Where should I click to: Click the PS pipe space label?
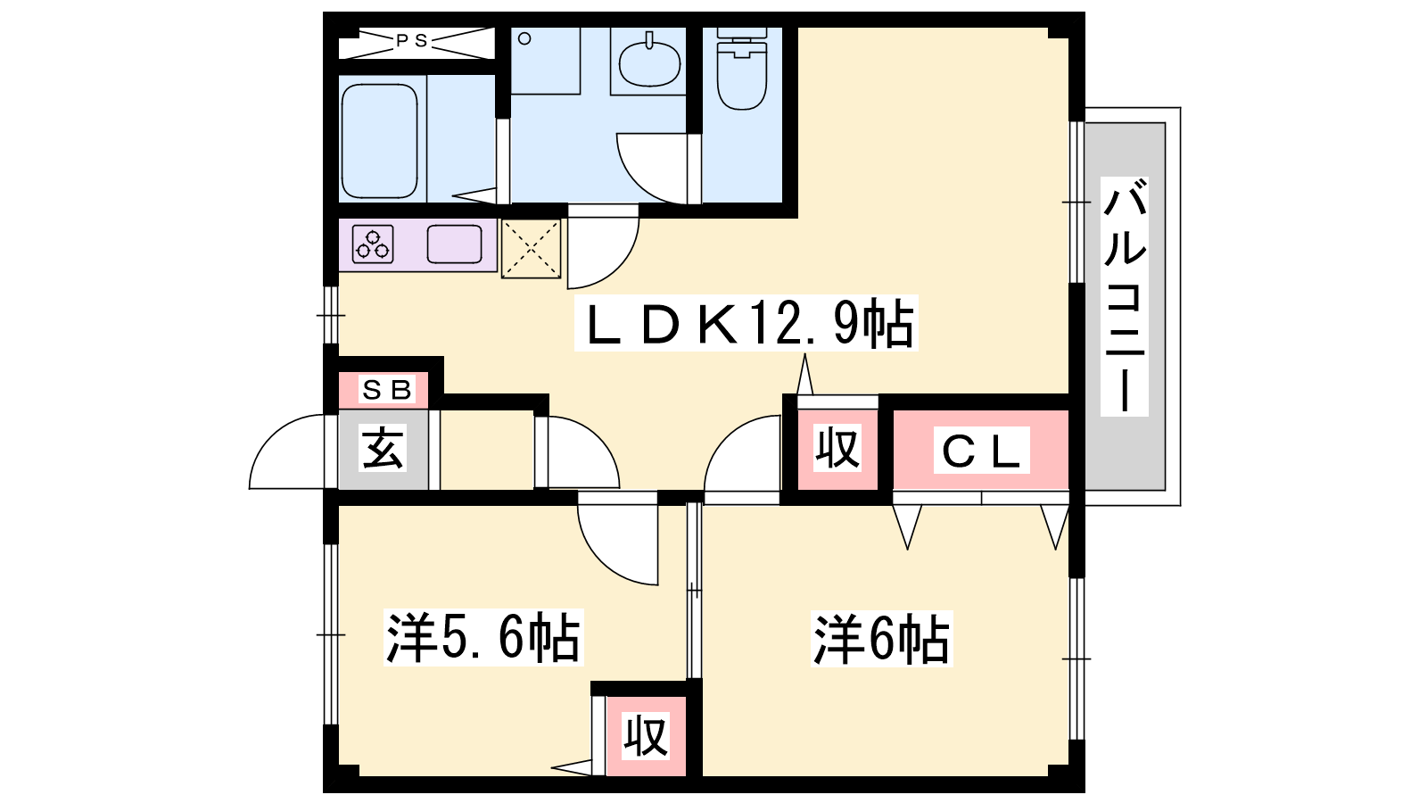point(411,41)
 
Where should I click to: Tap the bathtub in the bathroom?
point(380,141)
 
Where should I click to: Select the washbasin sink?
point(650,63)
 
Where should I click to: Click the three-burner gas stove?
point(373,244)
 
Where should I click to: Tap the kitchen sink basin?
point(454,244)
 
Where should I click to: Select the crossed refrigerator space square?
point(531,249)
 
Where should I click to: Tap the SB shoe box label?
point(387,389)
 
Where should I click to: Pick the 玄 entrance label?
point(383,448)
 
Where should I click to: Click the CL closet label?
point(981,451)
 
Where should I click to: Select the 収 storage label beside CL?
point(837,448)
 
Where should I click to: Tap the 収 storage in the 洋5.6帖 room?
point(646,736)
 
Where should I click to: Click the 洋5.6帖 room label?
point(483,637)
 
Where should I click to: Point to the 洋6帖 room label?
point(882,639)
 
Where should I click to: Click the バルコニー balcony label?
point(1125,297)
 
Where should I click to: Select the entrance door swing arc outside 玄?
point(279,439)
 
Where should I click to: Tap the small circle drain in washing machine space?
point(524,39)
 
